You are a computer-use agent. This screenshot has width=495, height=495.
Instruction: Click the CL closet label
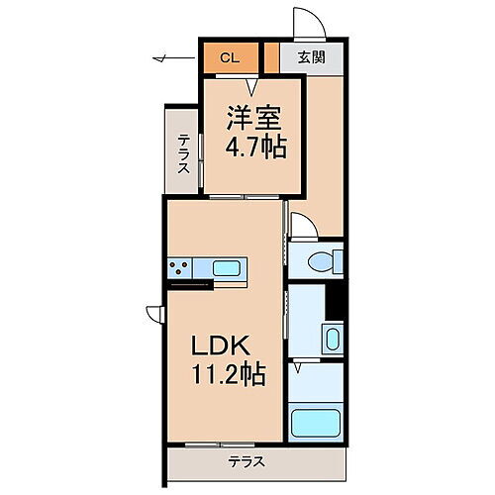[x=229, y=58]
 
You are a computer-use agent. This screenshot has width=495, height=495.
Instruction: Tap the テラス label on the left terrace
[x=184, y=152]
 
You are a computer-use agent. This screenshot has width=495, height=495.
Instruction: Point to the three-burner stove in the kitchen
[x=182, y=267]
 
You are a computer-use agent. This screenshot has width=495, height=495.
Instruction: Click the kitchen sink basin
[x=227, y=267]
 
